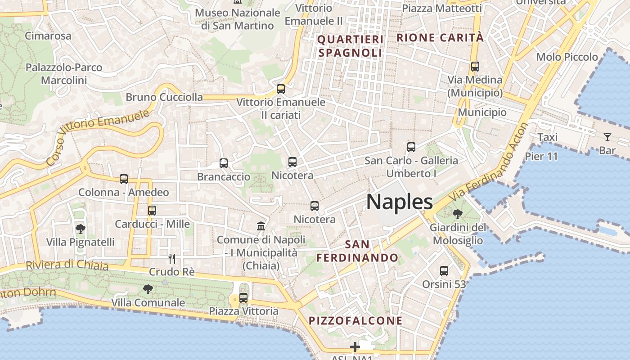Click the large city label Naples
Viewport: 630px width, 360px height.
[400, 202]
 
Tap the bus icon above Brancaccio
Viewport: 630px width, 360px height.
[224, 163]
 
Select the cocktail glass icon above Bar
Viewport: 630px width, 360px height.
[607, 137]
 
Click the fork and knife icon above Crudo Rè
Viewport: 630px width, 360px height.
[171, 258]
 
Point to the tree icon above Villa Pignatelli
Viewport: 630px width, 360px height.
[81, 229]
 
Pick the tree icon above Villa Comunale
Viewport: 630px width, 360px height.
[148, 289]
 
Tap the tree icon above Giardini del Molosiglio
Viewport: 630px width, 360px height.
[458, 214]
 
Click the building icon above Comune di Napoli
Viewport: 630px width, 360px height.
[261, 226]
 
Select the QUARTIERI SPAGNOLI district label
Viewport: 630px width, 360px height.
[351, 46]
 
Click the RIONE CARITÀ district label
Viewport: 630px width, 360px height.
[440, 38]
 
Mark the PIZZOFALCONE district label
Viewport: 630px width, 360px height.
[355, 321]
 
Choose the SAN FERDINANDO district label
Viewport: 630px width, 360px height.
[358, 251]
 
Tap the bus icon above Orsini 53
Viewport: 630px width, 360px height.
[444, 270]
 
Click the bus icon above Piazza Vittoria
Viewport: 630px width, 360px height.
[243, 297]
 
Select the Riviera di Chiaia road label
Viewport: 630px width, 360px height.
[67, 265]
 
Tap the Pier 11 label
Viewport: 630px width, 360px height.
[541, 157]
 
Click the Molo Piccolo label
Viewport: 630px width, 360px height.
[567, 57]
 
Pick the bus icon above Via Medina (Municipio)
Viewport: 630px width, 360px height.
[475, 67]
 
